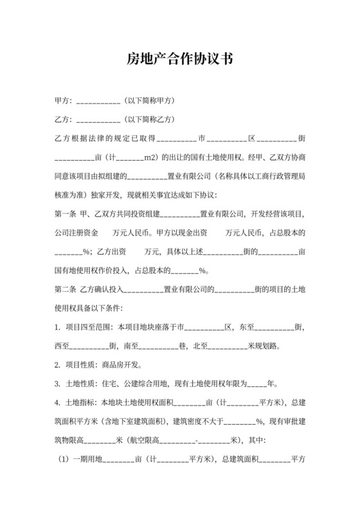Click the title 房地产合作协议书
[179, 60]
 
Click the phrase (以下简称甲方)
[150, 102]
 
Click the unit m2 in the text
[150, 157]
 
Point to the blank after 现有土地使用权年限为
[256, 386]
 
